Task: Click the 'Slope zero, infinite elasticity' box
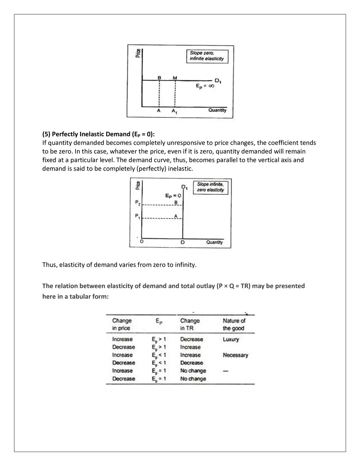[x=207, y=56]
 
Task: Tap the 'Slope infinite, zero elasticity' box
[x=210, y=187]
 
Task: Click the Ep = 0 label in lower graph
[x=173, y=196]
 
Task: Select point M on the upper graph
[x=175, y=78]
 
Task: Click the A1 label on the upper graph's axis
[x=174, y=111]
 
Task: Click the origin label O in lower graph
[x=142, y=242]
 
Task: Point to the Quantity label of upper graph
[x=217, y=110]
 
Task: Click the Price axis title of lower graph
[x=138, y=185]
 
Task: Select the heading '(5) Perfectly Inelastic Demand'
[x=99, y=134]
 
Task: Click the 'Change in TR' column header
[x=190, y=324]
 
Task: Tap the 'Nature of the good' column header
[x=234, y=324]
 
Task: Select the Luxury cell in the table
[x=231, y=339]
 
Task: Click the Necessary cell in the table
[x=235, y=355]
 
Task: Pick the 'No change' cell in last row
[x=193, y=379]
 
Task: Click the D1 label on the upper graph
[x=218, y=81]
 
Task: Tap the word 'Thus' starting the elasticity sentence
[x=49, y=265]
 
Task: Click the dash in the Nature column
[x=225, y=371]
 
